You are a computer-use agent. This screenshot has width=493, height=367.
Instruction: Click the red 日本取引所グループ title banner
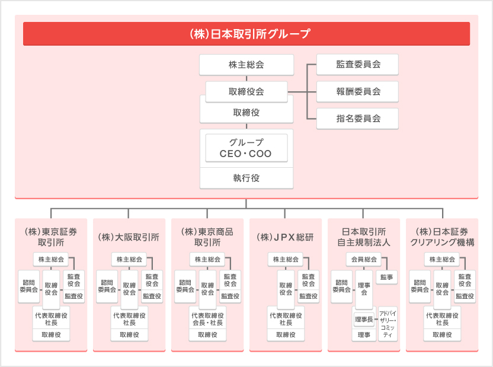click(246, 34)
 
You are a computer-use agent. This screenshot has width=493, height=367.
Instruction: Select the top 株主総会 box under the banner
click(246, 65)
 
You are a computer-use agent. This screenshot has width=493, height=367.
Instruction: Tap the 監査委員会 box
click(358, 65)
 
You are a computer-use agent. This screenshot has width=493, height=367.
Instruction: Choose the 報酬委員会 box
click(358, 91)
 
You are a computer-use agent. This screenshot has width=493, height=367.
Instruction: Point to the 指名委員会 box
click(358, 119)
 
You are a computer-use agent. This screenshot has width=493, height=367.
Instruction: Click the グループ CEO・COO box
click(246, 148)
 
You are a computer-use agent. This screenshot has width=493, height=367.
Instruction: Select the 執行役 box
click(246, 178)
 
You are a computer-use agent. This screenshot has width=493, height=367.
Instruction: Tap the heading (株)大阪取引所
click(129, 237)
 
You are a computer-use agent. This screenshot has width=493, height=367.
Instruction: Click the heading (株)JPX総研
click(285, 237)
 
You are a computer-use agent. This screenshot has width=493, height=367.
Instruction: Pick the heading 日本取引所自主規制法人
click(363, 237)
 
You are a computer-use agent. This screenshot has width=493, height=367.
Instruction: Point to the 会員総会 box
click(364, 259)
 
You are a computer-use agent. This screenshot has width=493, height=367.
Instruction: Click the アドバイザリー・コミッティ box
click(388, 324)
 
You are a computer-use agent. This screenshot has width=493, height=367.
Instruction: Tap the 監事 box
click(389, 277)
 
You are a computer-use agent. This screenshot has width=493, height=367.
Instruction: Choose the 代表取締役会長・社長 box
click(207, 318)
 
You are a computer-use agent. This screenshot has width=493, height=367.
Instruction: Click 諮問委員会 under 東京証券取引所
click(29, 285)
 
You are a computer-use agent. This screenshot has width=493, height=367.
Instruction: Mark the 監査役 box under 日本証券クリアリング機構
click(465, 296)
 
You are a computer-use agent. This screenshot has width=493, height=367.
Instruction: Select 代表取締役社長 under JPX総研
click(286, 318)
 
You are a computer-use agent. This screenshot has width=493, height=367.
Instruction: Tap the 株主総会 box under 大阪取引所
click(129, 259)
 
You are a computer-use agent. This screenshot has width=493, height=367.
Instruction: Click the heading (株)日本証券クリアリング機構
click(441, 237)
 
